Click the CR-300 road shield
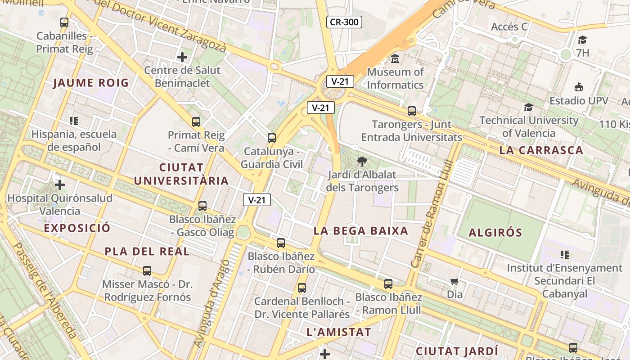(344, 22)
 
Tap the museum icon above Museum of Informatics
(395, 58)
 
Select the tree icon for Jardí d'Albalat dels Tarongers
(362, 161)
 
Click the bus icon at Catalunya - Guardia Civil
(272, 138)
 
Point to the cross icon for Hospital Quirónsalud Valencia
(60, 185)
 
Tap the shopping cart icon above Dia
(454, 282)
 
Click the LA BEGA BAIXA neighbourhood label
(361, 231)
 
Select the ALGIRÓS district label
(495, 233)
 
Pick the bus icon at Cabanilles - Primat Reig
(64, 22)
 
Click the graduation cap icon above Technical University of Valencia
(528, 107)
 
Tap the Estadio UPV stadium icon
(579, 87)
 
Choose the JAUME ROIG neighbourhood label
(91, 83)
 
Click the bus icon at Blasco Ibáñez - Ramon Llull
(388, 284)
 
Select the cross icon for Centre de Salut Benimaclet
(182, 57)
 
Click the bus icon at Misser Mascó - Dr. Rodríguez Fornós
(147, 271)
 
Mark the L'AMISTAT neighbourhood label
(338, 333)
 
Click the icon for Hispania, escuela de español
(74, 121)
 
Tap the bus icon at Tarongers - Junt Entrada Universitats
(411, 111)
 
